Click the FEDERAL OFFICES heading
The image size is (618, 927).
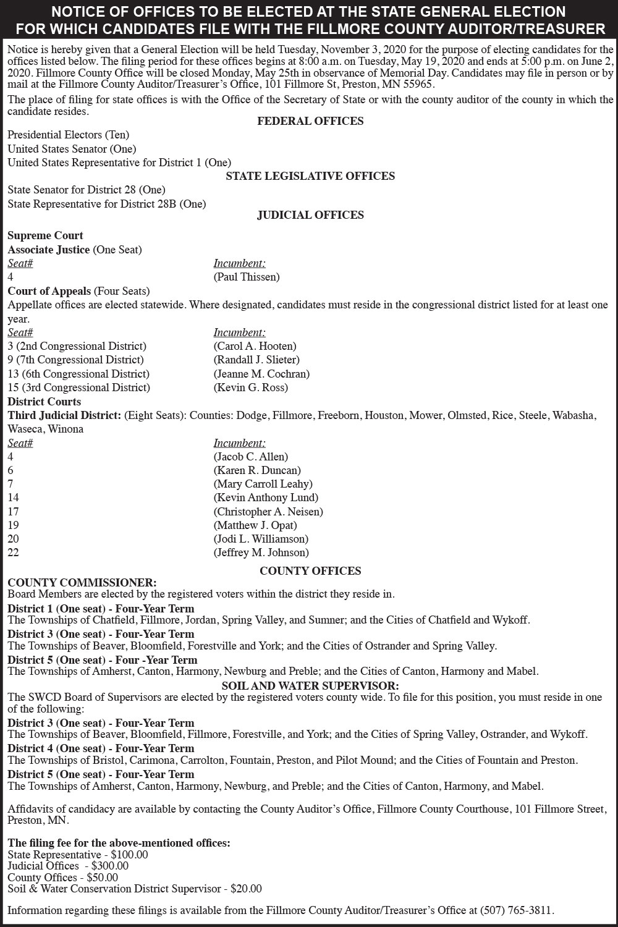[310, 121]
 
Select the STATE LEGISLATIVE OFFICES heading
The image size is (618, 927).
[310, 176]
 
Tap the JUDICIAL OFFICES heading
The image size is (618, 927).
[310, 215]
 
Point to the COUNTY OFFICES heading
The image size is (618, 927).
[310, 571]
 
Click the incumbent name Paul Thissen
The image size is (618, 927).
[247, 277]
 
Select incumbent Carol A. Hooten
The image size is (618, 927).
[255, 346]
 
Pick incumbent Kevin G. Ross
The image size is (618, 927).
[251, 387]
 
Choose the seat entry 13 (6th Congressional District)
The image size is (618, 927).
[78, 374]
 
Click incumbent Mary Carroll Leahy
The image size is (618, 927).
[263, 484]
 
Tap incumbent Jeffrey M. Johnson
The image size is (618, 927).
[261, 552]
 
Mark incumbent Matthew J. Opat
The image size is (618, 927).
[255, 525]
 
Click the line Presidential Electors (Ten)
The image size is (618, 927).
[69, 135]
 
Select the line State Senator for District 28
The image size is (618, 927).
[87, 190]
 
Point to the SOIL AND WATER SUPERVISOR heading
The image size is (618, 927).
[310, 685]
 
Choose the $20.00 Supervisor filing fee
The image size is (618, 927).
[246, 889]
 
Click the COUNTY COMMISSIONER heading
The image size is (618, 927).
[82, 582]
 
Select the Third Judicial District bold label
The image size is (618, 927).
[64, 415]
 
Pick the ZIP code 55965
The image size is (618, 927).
[418, 85]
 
